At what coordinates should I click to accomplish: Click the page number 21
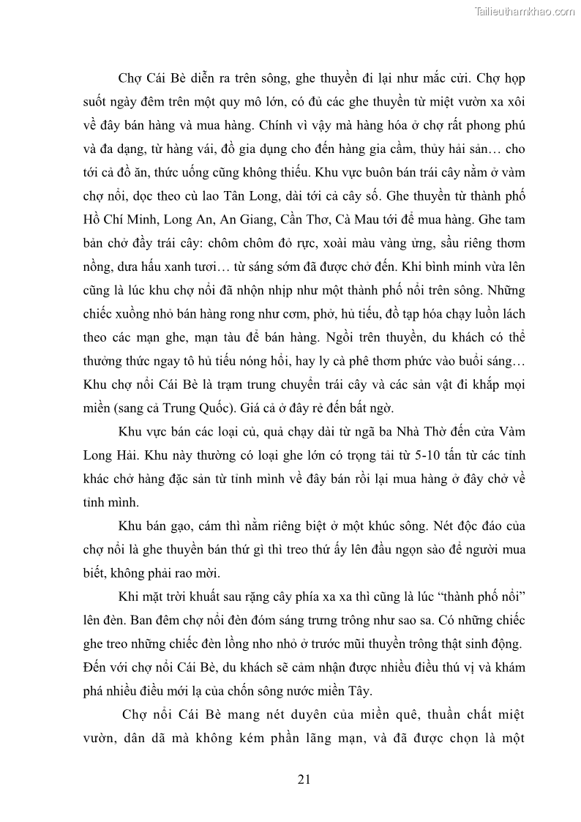304,779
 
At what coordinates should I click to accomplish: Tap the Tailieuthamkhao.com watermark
525,11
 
